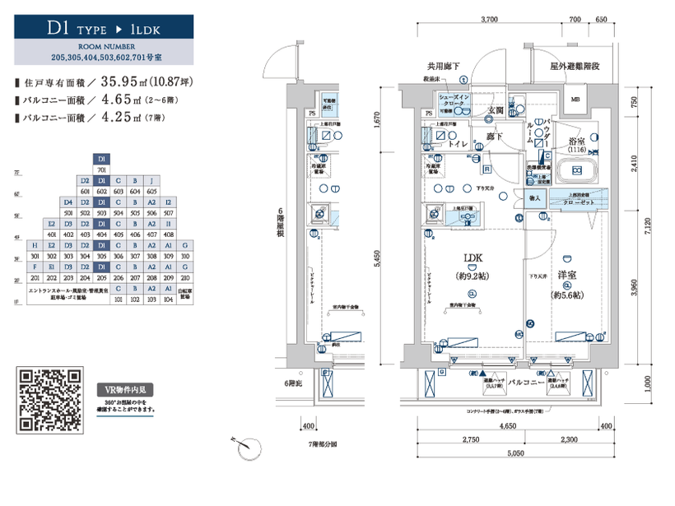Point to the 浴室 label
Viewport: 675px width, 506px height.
pyautogui.click(x=576, y=142)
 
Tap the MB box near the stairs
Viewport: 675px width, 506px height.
pyautogui.click(x=575, y=101)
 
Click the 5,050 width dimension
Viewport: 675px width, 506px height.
pyautogui.click(x=515, y=453)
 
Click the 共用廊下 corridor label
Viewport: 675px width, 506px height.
pyautogui.click(x=443, y=66)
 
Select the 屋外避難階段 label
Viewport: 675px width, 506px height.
pyautogui.click(x=579, y=66)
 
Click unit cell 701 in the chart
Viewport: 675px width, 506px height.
pyautogui.click(x=100, y=169)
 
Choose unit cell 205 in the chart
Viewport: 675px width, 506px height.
pyautogui.click(x=100, y=278)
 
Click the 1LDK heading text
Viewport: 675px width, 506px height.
pyautogui.click(x=144, y=29)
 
